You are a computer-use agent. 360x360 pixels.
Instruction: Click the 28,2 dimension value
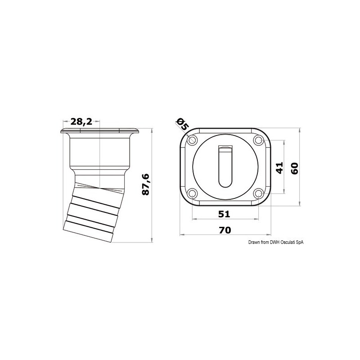[81, 121]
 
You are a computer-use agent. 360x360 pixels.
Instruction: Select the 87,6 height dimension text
[145, 184]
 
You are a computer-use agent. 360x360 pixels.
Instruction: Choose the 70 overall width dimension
[225, 229]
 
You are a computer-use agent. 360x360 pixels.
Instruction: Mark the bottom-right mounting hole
[258, 194]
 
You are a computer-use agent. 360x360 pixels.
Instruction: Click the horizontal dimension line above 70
[225, 235]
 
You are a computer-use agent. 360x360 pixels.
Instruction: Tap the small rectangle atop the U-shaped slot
[225, 147]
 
